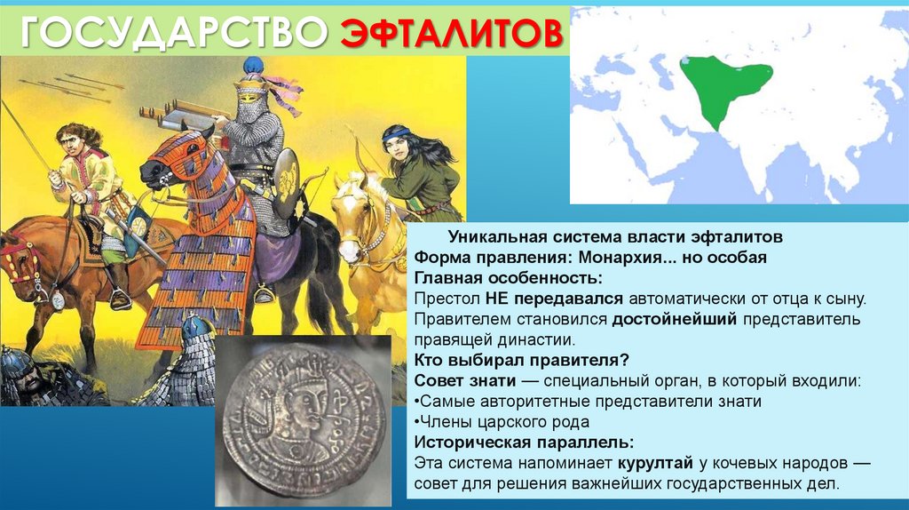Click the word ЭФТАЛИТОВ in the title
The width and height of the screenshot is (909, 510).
(452, 33)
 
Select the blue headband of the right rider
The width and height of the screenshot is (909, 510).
(396, 133)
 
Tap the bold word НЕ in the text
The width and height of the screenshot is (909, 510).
(496, 299)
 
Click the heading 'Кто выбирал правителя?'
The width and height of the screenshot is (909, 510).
(522, 360)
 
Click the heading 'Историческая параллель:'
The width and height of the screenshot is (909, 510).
(526, 442)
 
